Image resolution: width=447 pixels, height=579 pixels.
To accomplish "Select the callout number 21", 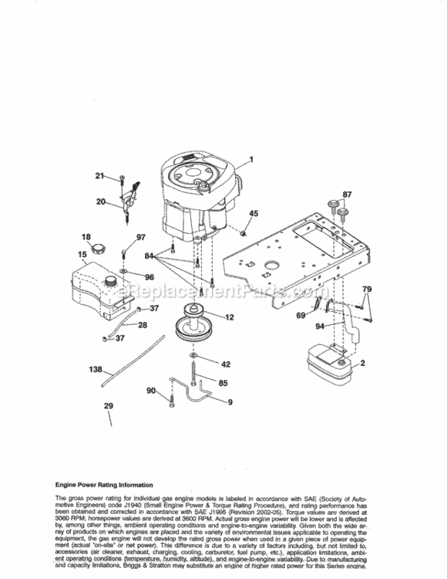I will tap(99, 176).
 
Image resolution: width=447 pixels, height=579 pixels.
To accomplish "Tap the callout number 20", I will tap(101, 202).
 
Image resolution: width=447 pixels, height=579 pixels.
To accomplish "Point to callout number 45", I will tap(254, 213).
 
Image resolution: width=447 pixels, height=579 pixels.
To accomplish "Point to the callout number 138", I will tap(95, 370).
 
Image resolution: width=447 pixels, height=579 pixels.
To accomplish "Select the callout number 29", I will tap(108, 405).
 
